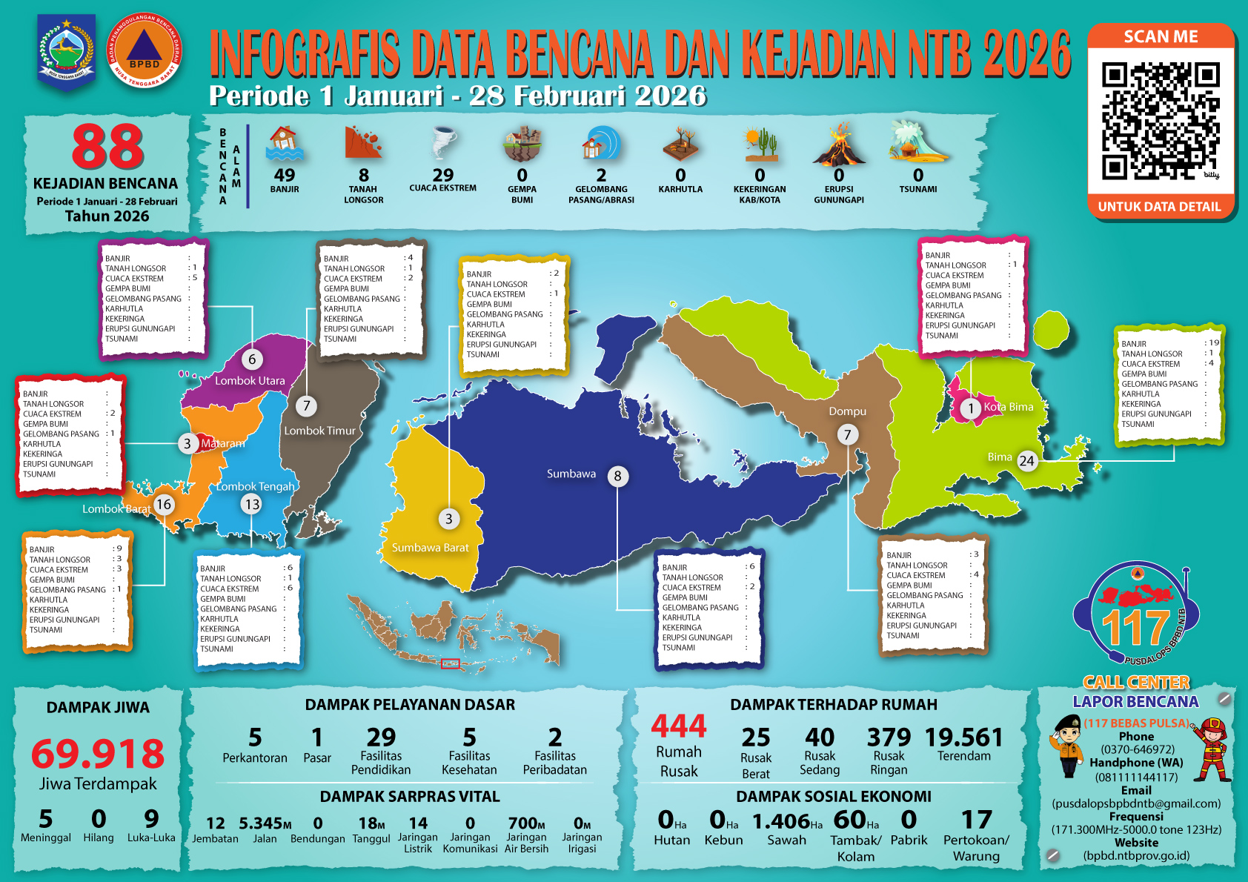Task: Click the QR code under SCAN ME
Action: click(x=1160, y=121)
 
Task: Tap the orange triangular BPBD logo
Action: click(x=145, y=50)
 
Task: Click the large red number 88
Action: click(x=108, y=147)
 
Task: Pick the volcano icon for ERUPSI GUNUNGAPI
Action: click(x=839, y=145)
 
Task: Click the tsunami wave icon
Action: click(x=917, y=143)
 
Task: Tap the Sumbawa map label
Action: click(x=571, y=474)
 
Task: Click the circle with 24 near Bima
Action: click(x=1026, y=460)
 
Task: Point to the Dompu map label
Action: click(x=847, y=411)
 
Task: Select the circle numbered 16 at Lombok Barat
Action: click(x=163, y=505)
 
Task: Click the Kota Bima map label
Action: click(x=1008, y=407)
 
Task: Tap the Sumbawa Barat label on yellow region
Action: click(x=430, y=548)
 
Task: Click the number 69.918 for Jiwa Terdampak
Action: click(x=98, y=754)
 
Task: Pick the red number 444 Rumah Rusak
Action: click(x=678, y=726)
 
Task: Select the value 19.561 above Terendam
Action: click(x=963, y=737)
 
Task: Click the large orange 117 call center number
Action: click(x=1135, y=628)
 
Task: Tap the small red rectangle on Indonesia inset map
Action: click(x=451, y=663)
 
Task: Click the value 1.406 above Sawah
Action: click(x=781, y=821)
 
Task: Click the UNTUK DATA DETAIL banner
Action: click(x=1160, y=207)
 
